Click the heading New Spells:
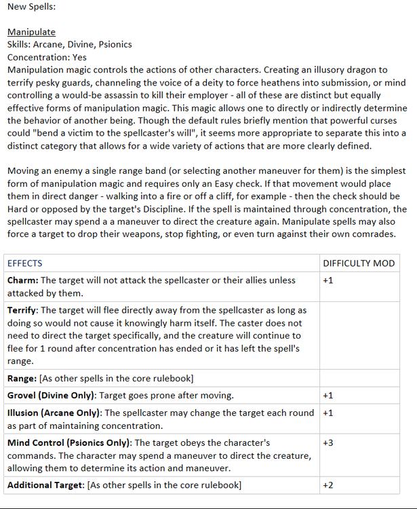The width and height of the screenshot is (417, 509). click(x=31, y=7)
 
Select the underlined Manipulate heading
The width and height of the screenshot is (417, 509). click(x=31, y=32)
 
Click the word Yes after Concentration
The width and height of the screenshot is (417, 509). click(x=79, y=58)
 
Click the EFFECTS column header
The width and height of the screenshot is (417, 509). click(x=24, y=263)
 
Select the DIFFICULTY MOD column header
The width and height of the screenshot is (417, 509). click(x=358, y=263)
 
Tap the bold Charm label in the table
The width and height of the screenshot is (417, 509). click(x=22, y=280)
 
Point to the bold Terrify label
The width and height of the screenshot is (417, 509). click(x=23, y=310)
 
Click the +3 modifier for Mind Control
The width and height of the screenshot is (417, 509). click(x=328, y=442)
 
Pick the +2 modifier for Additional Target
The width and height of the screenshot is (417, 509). click(x=328, y=485)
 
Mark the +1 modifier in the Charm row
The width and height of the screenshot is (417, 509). click(x=328, y=280)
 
